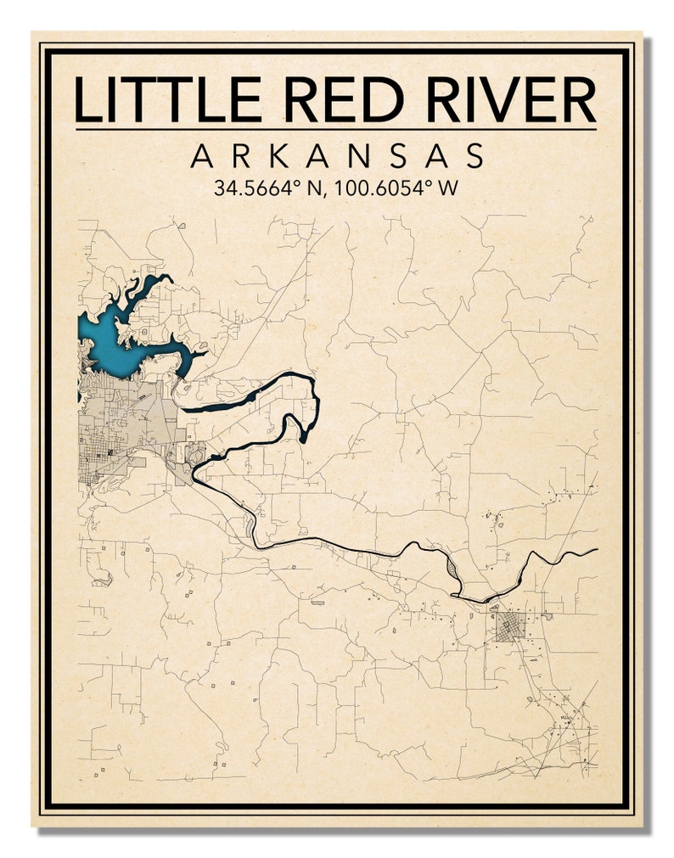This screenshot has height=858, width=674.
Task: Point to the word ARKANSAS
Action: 337,156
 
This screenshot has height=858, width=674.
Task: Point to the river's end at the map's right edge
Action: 595,549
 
